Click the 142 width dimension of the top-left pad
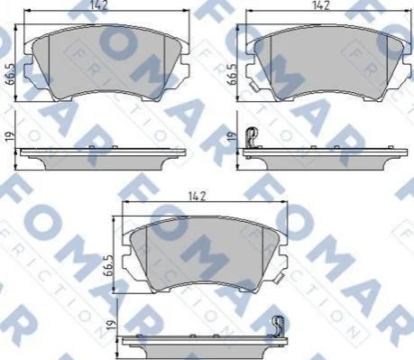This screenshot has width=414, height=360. [x=99, y=5]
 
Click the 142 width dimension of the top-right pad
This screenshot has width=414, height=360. [x=321, y=5]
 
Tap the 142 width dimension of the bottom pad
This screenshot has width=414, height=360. [x=198, y=196]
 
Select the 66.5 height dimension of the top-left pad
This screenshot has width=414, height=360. [x=11, y=75]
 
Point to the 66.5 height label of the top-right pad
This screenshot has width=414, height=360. [x=233, y=74]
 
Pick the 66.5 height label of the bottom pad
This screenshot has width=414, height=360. [x=108, y=265]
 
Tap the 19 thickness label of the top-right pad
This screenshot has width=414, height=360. [x=232, y=136]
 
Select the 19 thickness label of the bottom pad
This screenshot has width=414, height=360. [x=111, y=325]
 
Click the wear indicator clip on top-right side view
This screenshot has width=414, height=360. [x=252, y=138]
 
